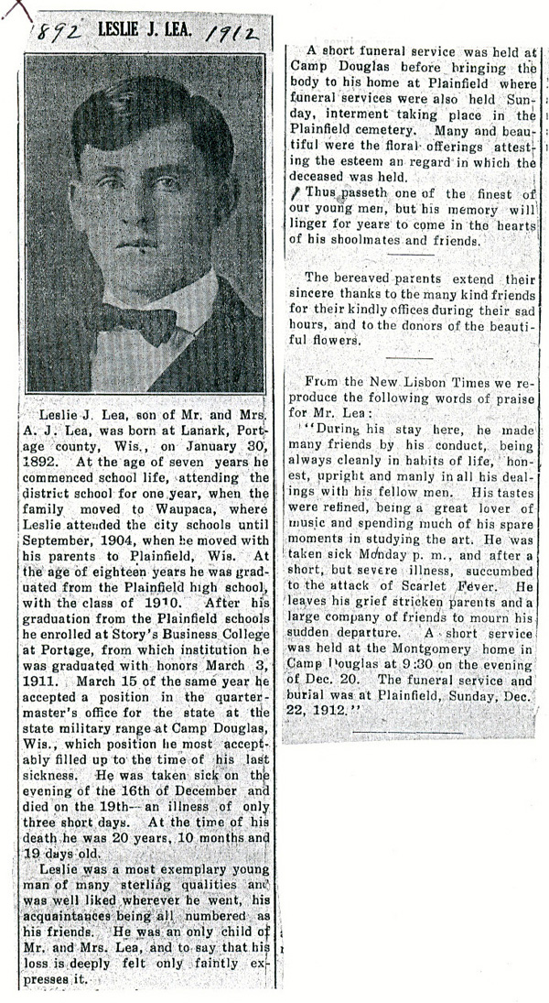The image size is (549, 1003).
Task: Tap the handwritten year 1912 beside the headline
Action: [230, 34]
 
